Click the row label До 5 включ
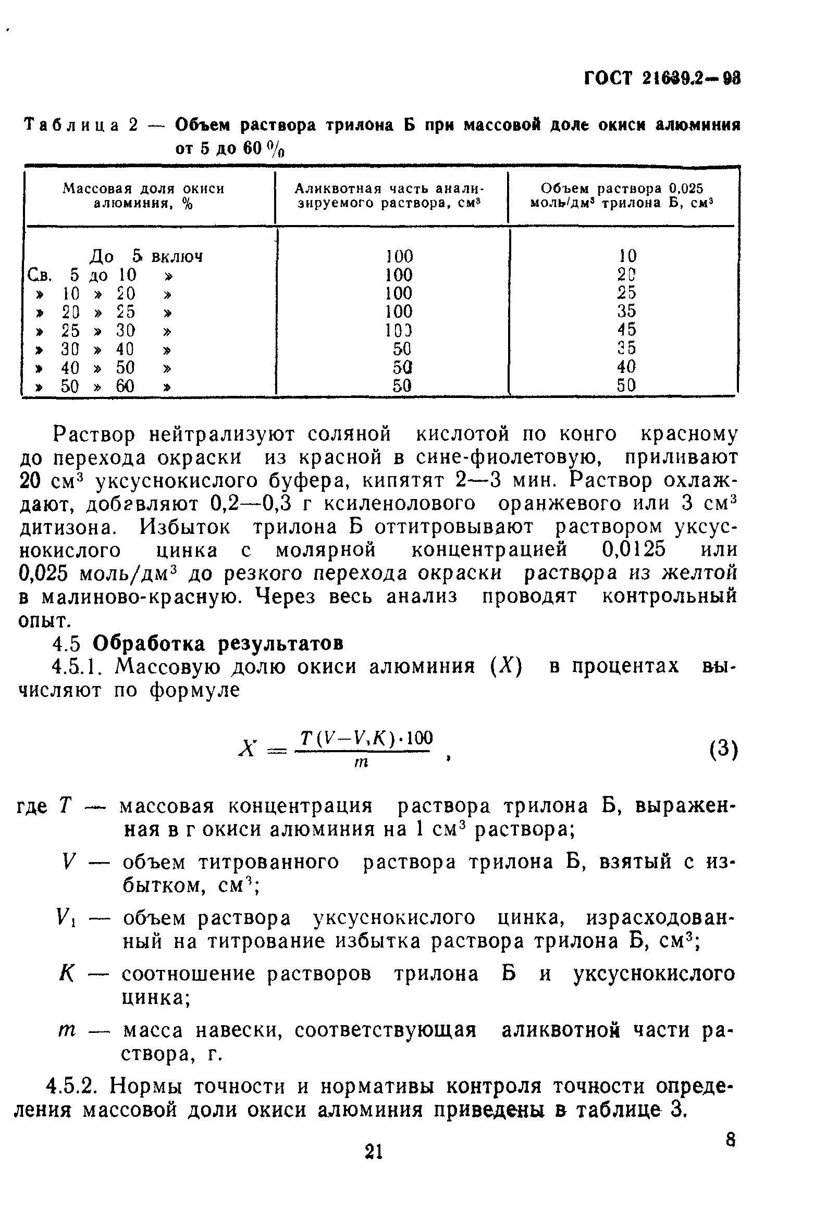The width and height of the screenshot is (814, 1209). coord(146,256)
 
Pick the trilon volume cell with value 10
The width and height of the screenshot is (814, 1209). coord(627,255)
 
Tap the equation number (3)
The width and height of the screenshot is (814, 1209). coord(723,751)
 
